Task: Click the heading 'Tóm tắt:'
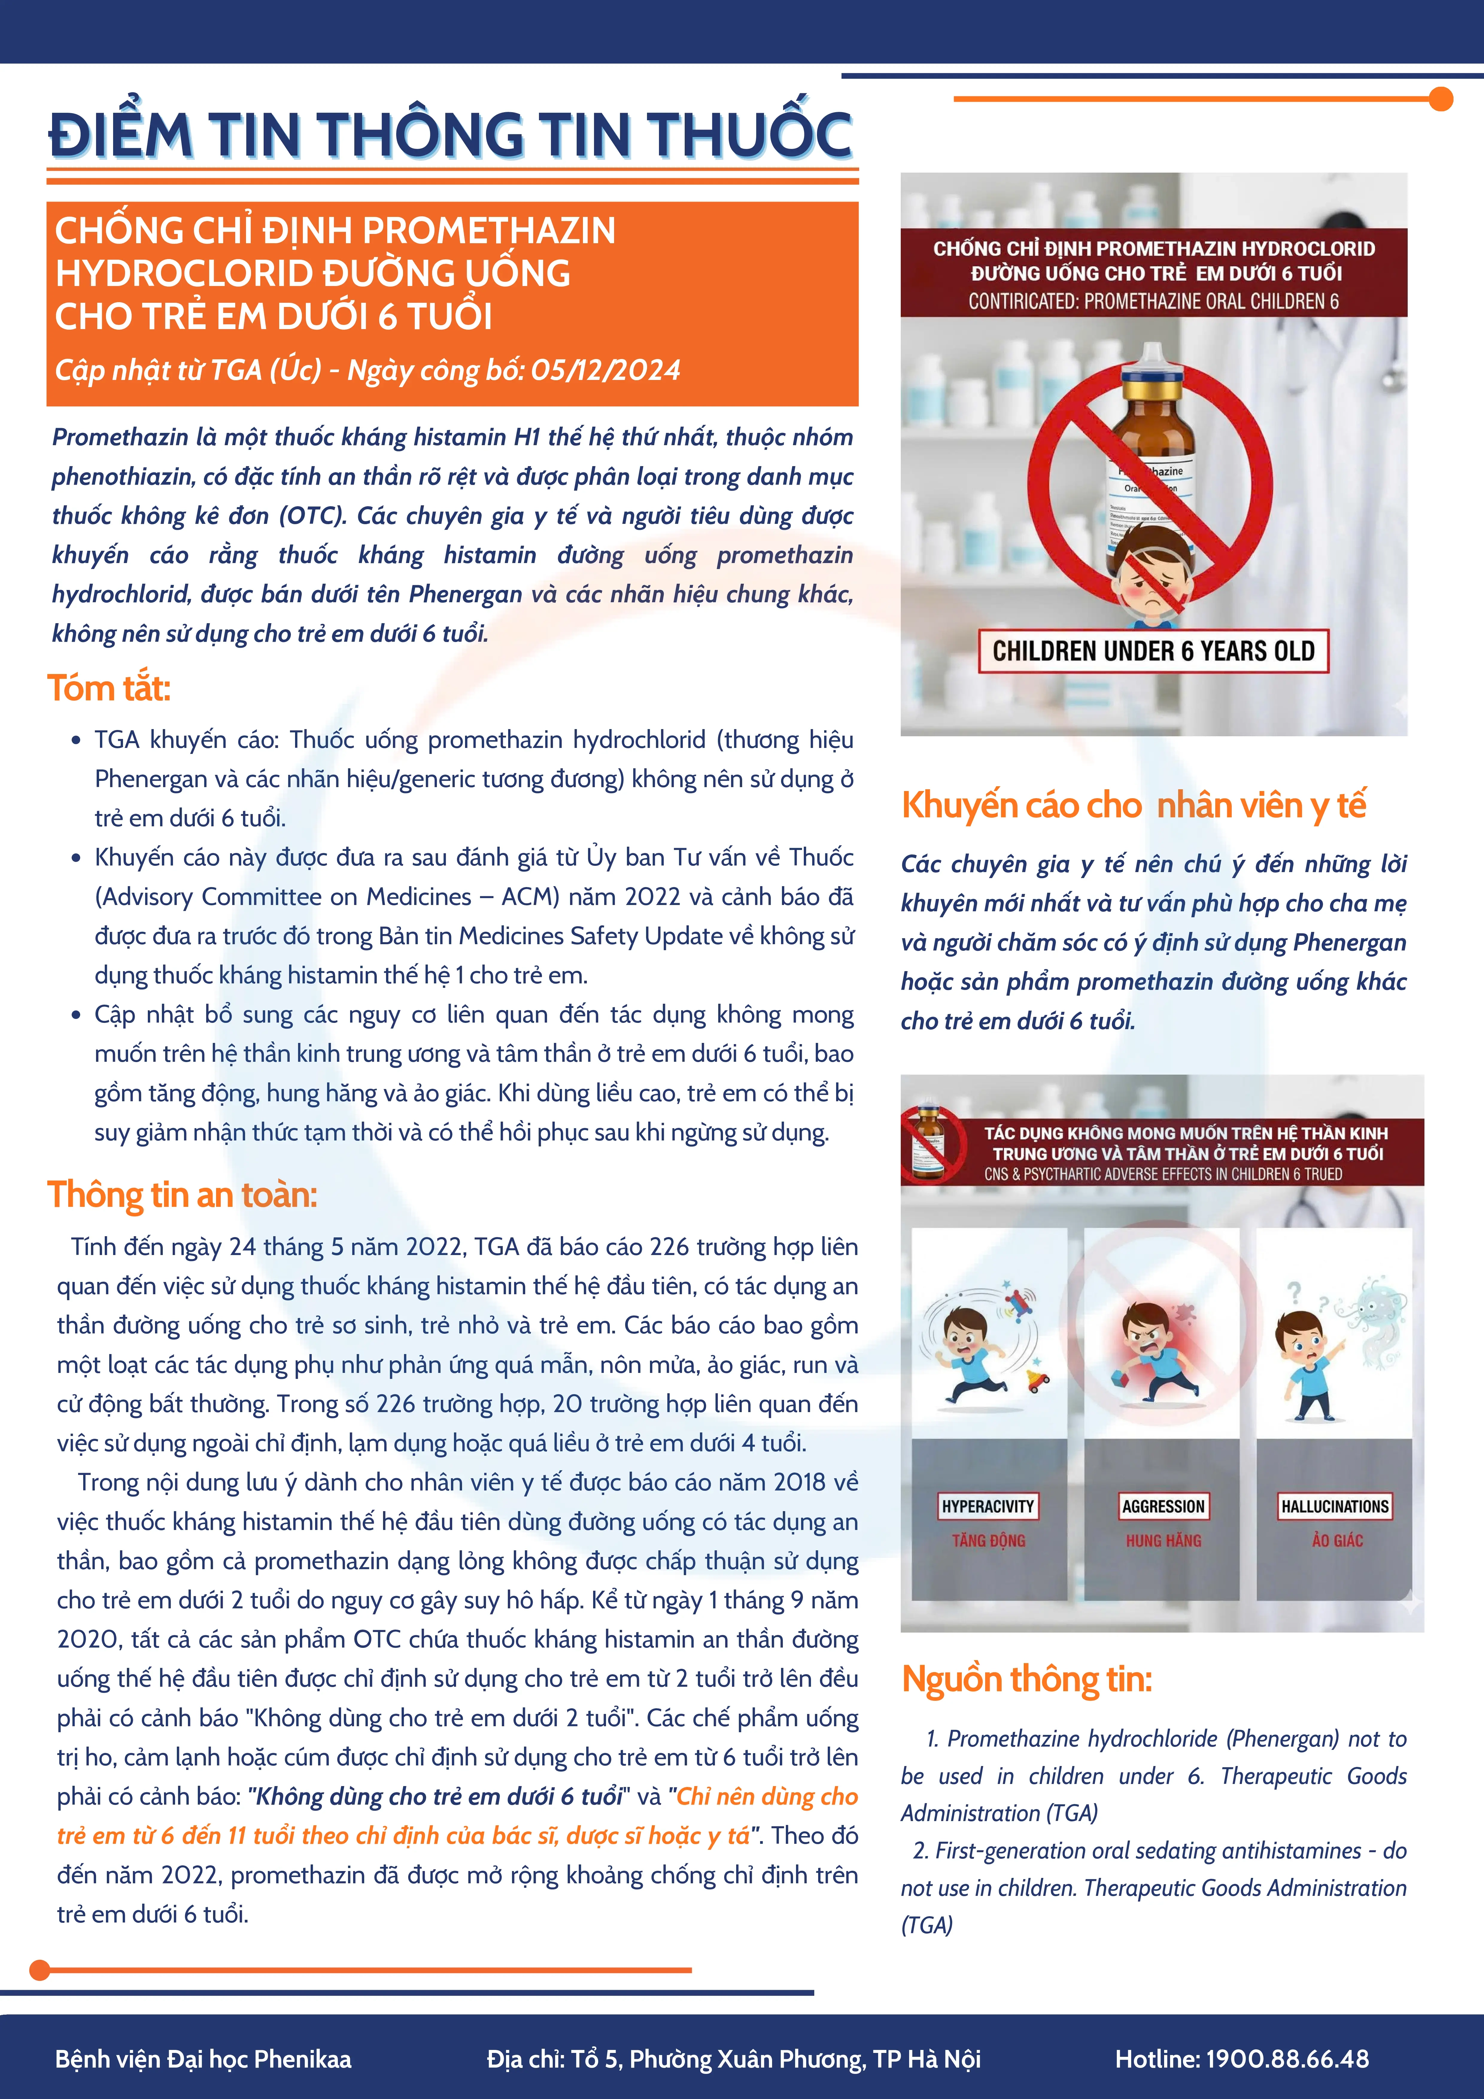109,688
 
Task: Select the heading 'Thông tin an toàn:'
182,1195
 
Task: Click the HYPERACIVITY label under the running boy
988,1506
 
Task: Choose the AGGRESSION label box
1163,1506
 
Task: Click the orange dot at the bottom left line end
39,1970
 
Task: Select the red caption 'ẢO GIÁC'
1337,1540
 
